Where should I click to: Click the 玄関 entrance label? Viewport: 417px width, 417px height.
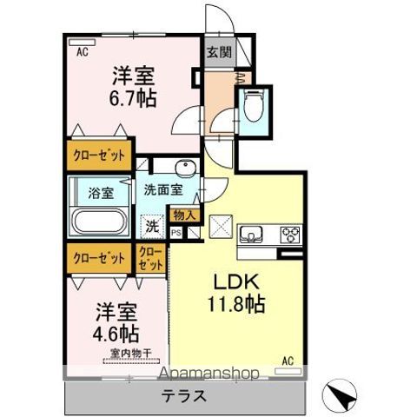218,52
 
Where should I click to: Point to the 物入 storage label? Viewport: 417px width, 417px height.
184,215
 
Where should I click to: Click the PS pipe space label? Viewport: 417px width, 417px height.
175,233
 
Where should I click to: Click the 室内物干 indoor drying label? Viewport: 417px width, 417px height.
131,353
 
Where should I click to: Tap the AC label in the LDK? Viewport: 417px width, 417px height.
288,359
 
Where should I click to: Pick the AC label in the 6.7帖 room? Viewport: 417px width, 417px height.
83,52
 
